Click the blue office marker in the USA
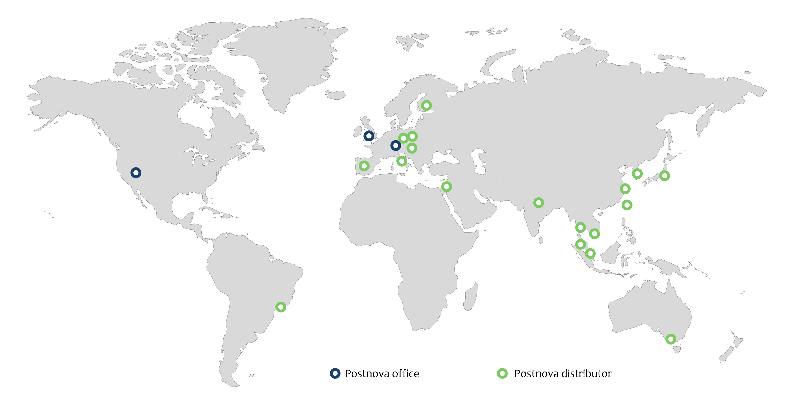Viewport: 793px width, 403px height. [x=136, y=173]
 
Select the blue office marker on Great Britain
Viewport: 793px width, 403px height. [x=369, y=136]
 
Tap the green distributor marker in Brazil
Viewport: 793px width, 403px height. [x=280, y=307]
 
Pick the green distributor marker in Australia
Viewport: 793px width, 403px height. [x=671, y=339]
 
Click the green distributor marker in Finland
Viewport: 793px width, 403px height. [x=426, y=105]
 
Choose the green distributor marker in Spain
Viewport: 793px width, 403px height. [x=364, y=166]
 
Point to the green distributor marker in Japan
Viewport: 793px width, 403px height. [x=665, y=176]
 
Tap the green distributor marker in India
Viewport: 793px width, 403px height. [x=538, y=203]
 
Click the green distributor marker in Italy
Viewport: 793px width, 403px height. [x=402, y=161]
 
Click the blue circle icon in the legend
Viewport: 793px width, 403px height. [x=335, y=373]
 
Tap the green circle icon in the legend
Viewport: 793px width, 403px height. [x=502, y=373]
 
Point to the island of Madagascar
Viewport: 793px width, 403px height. [x=471, y=297]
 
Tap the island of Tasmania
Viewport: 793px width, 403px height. [x=677, y=349]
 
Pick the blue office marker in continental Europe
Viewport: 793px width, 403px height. [x=396, y=145]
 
